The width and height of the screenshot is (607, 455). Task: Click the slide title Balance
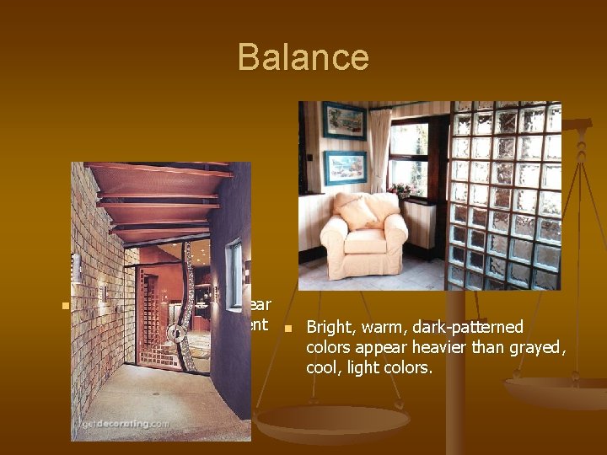303,57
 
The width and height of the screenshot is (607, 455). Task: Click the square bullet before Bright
287,328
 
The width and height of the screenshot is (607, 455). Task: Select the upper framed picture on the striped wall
344,120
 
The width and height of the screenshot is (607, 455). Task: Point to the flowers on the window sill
400,189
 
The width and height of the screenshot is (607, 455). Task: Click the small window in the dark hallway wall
234,263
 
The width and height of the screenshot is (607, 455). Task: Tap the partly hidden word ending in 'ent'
258,324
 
